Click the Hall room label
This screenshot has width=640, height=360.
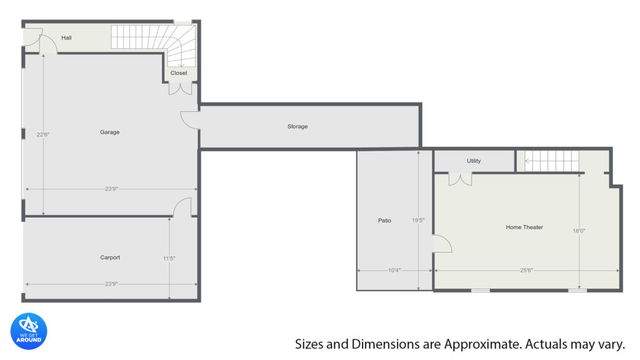[66, 38]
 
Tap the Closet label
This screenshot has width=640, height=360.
[179, 73]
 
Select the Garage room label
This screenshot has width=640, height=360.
[110, 132]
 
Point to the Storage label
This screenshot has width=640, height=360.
[297, 126]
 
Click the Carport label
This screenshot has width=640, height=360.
[110, 257]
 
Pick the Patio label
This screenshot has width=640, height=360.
[384, 221]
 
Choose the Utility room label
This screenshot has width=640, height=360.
[474, 161]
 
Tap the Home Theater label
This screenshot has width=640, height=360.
[524, 227]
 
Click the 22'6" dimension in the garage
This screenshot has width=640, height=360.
[43, 134]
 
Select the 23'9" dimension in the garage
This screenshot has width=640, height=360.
[111, 189]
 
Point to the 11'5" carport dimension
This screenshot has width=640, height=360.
[169, 258]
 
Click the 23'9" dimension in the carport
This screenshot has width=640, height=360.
[111, 284]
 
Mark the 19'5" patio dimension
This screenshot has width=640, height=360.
[418, 221]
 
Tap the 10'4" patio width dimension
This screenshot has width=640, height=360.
[394, 270]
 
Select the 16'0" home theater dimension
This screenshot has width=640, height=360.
[579, 231]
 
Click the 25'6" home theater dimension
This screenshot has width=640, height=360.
[526, 270]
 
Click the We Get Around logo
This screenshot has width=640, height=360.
[29, 331]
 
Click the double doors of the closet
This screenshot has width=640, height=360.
[180, 89]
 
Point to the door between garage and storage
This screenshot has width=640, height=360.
[190, 121]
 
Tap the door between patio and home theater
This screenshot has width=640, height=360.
[442, 244]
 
